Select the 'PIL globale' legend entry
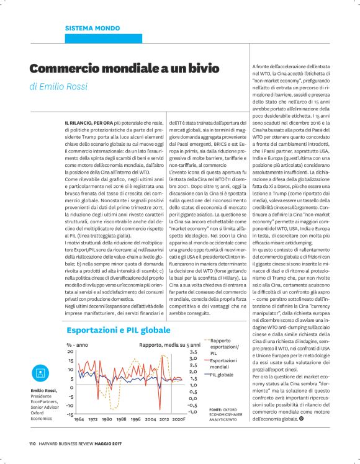[222, 375]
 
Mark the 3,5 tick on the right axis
[192, 352]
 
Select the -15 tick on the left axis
[70, 413]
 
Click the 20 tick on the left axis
[71, 352]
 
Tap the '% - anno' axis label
[78, 344]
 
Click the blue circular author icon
[40, 373]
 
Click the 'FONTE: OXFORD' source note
[223, 409]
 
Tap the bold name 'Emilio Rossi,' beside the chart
[43, 390]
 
